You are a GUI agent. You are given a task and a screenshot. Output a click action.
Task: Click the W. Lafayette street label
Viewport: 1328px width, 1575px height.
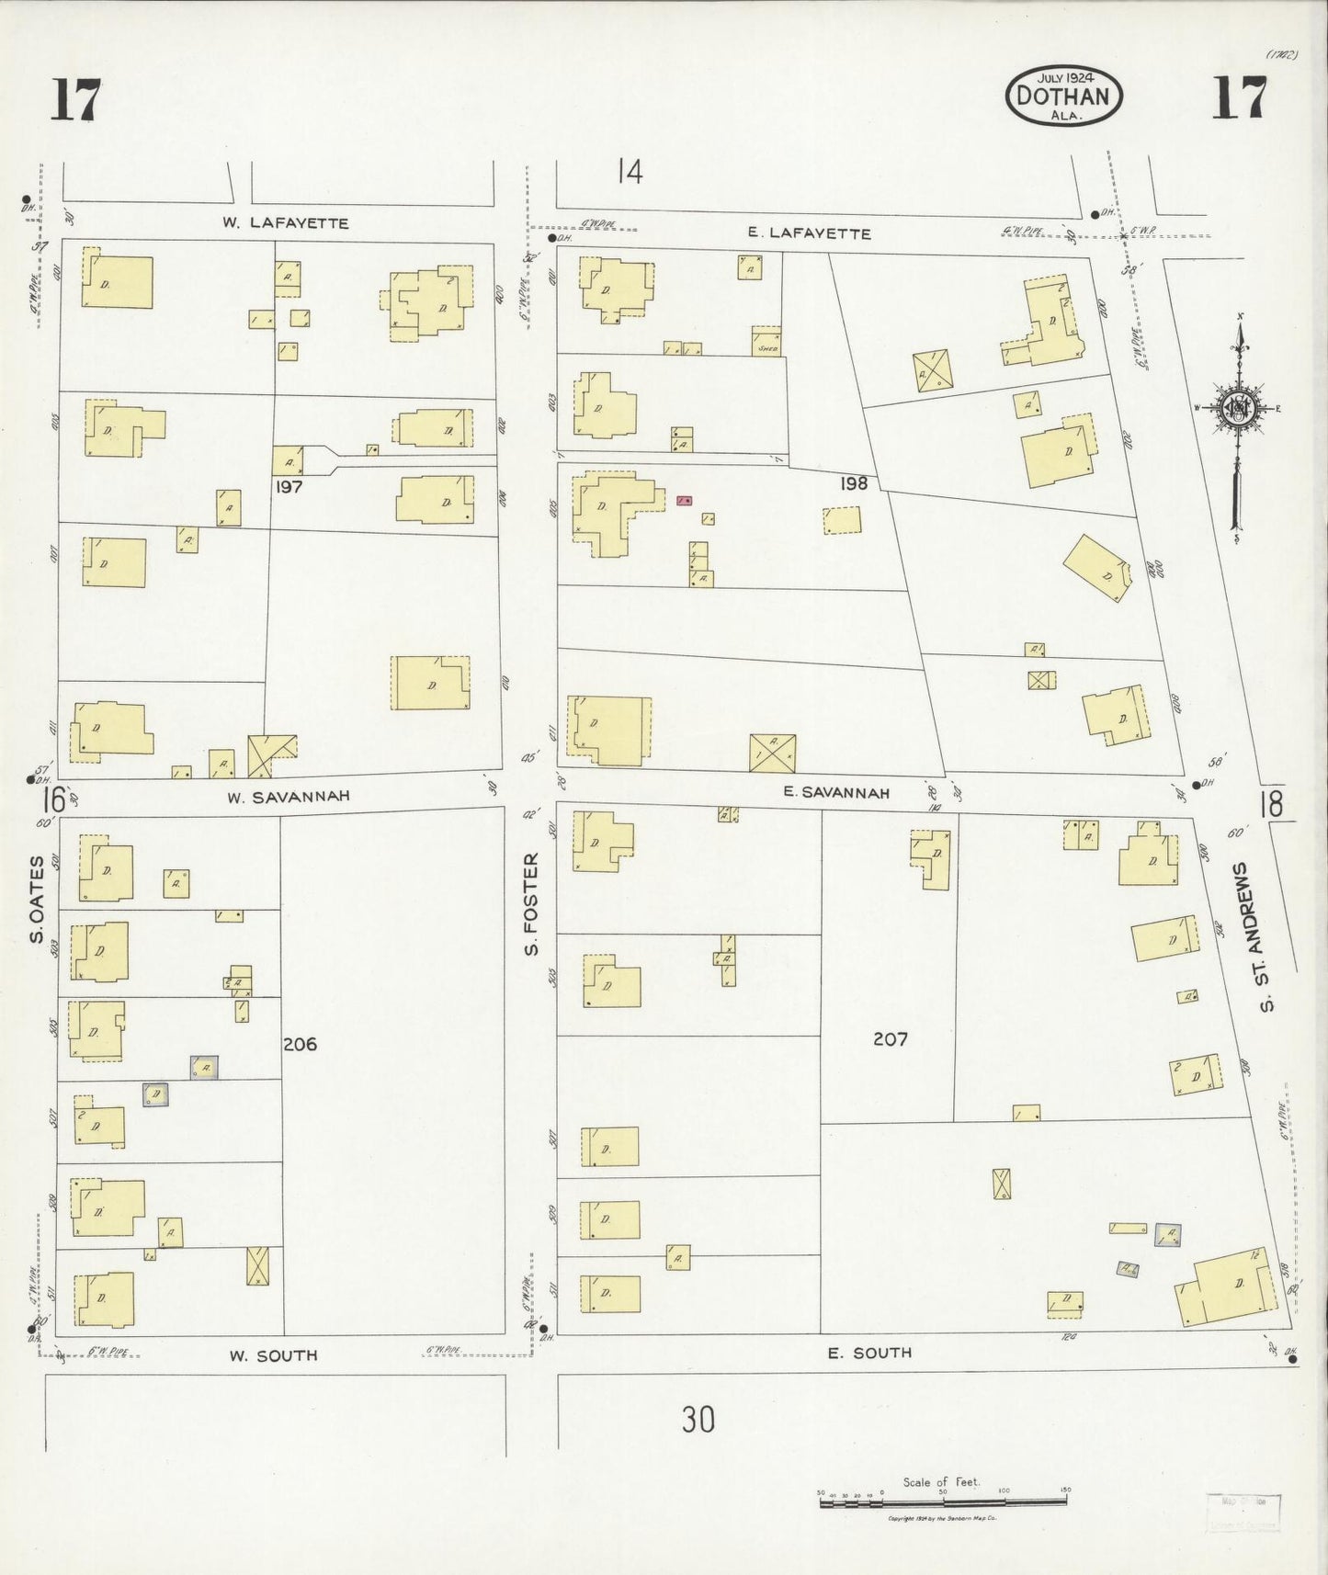click(x=286, y=222)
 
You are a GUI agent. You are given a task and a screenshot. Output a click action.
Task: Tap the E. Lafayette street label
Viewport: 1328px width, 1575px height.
click(x=809, y=233)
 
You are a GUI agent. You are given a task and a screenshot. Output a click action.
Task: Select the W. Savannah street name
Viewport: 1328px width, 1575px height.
click(x=289, y=796)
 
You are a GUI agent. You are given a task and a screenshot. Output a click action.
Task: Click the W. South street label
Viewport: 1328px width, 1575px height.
click(x=274, y=1354)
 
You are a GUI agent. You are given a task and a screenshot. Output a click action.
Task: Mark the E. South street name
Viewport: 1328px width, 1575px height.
click(x=868, y=1352)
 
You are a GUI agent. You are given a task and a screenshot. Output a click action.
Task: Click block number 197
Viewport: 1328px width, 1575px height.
click(x=289, y=487)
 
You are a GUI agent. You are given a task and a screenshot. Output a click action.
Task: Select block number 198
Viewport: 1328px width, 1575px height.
click(x=853, y=482)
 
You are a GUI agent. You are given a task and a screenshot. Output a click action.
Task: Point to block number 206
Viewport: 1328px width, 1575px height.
click(x=300, y=1044)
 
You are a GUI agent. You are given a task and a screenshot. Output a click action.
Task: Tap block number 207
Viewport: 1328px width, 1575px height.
click(x=890, y=1038)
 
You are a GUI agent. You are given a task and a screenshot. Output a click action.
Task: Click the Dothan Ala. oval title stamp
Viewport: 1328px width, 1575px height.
click(x=1064, y=96)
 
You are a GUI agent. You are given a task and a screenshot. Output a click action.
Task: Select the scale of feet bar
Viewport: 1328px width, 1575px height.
click(x=943, y=1501)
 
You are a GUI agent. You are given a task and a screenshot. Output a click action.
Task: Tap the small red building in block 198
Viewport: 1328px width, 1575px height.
click(x=684, y=501)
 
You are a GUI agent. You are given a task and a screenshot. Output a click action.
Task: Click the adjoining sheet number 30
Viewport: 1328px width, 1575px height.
click(x=698, y=1420)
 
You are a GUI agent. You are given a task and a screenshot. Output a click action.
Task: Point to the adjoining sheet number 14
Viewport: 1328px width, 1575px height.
click(x=630, y=172)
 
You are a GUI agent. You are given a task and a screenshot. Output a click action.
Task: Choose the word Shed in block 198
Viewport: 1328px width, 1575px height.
click(x=766, y=348)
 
